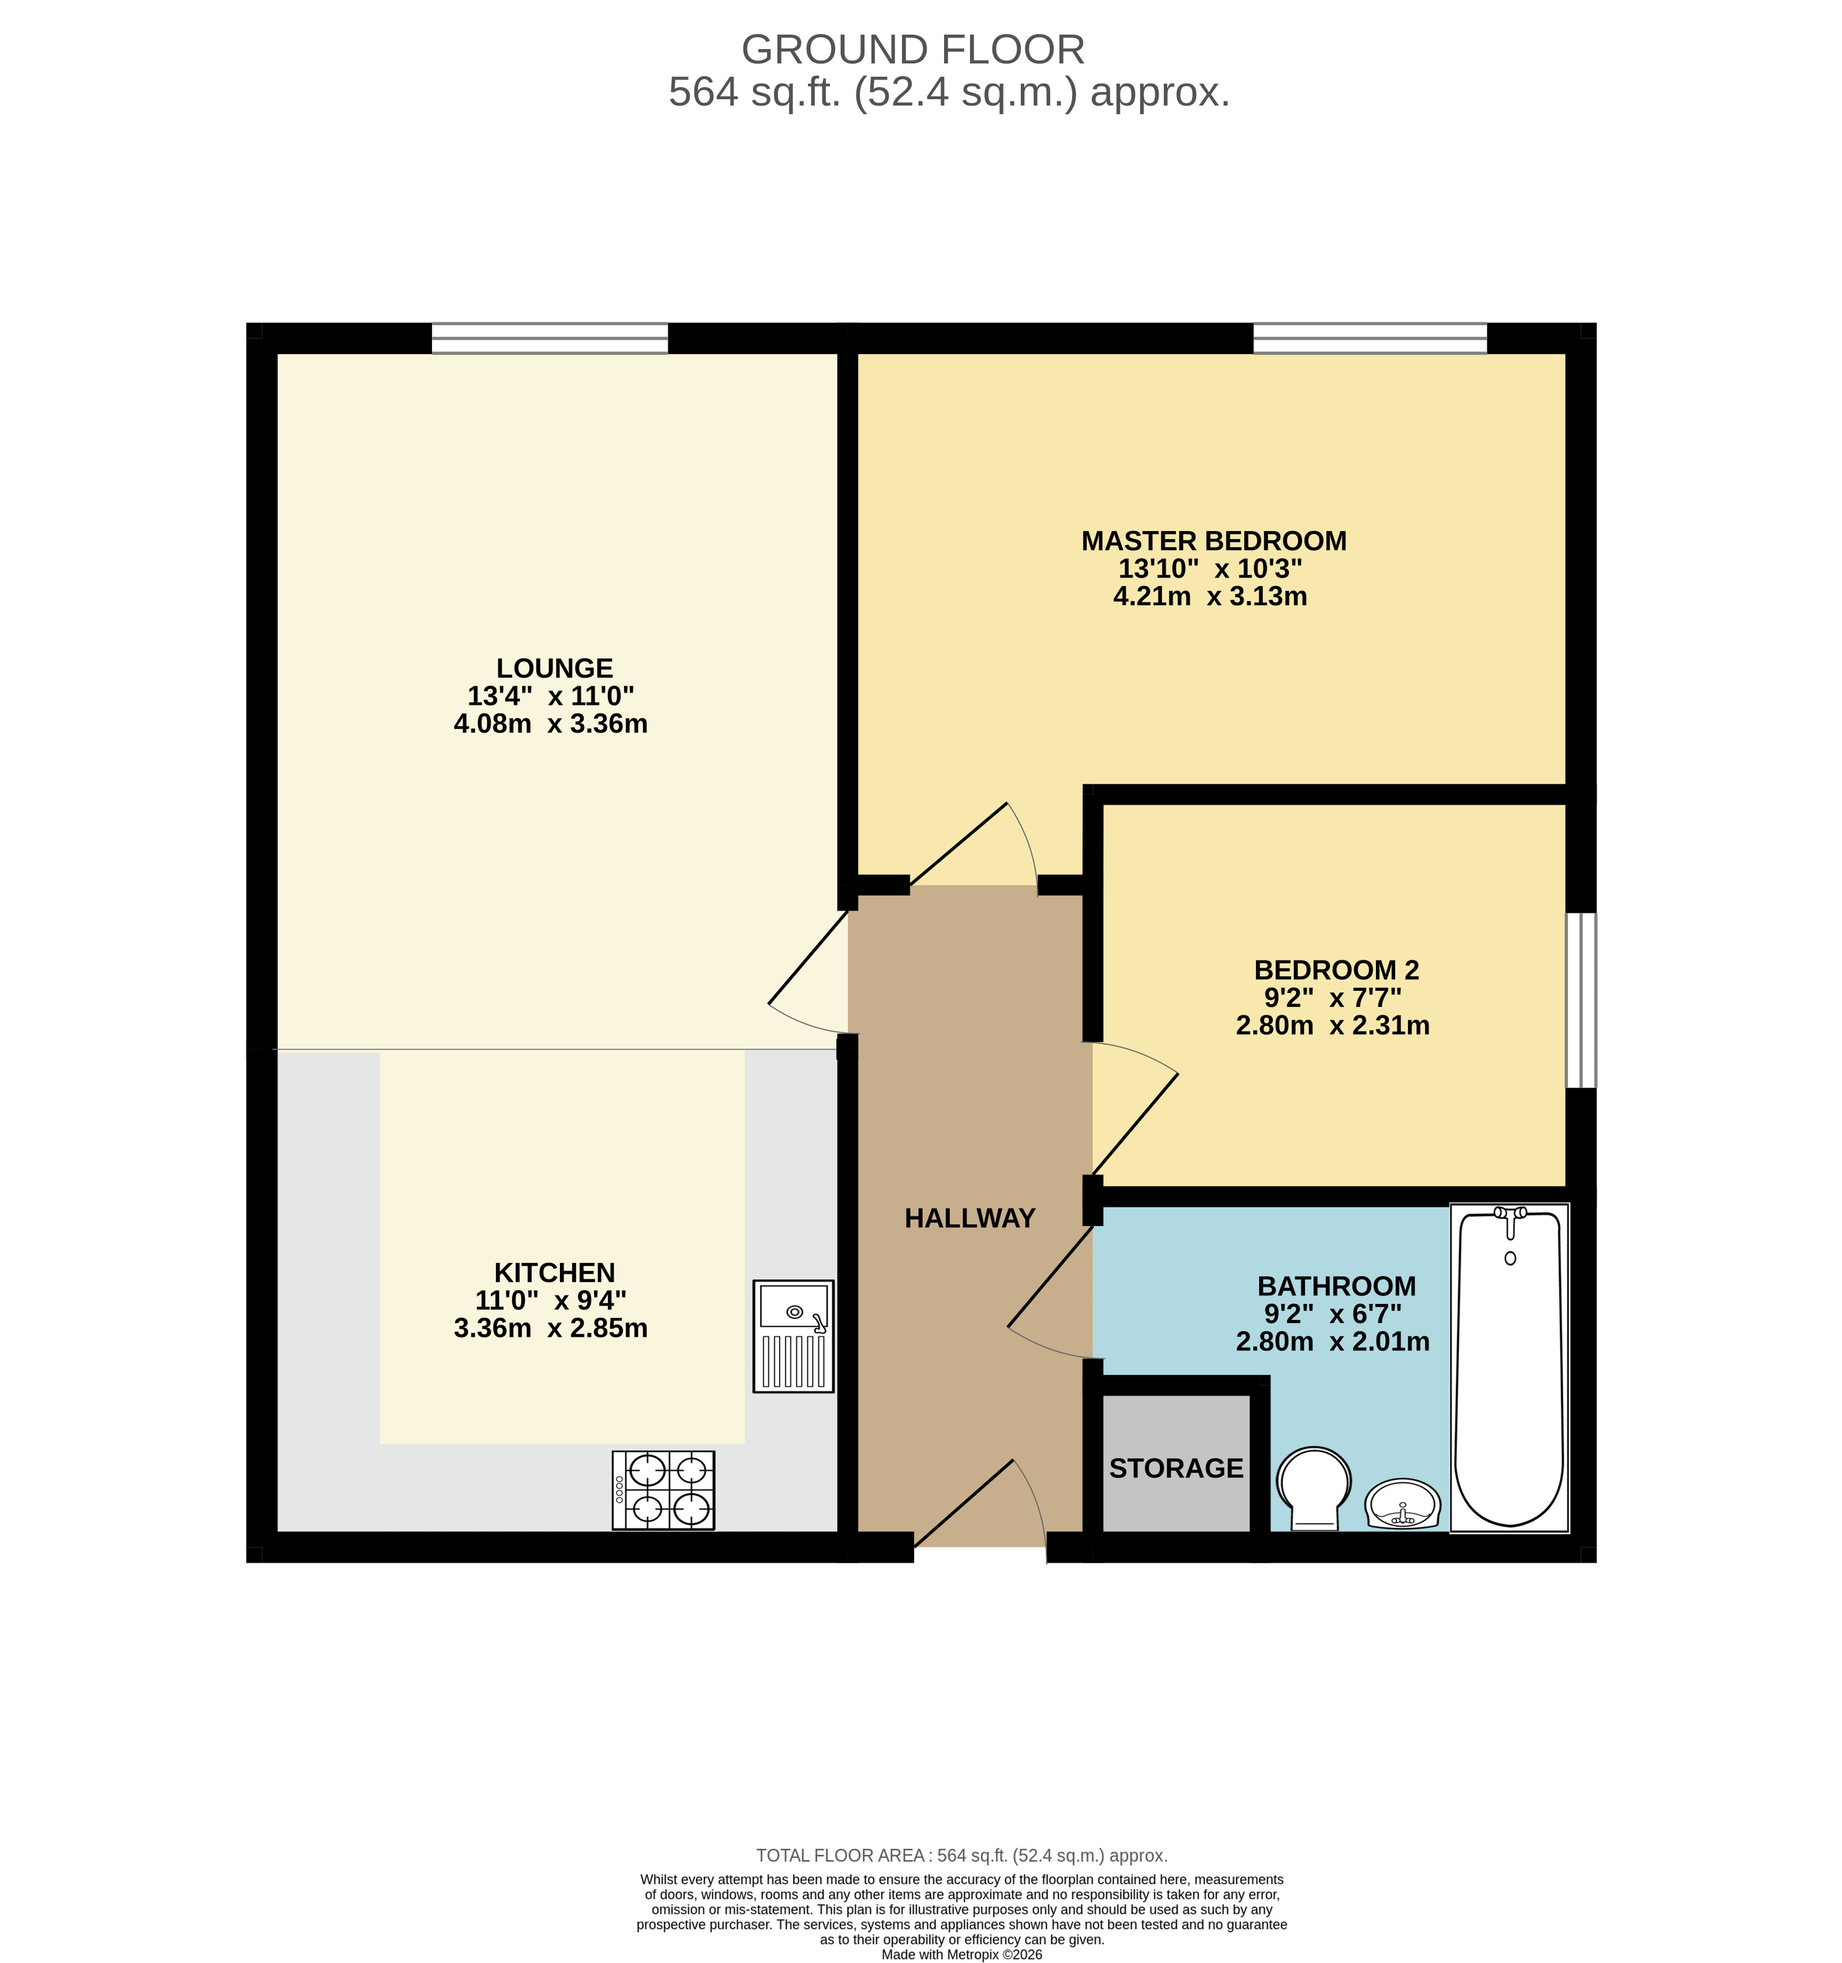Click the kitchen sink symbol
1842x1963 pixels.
click(793, 1336)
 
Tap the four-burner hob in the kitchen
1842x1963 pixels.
click(663, 1490)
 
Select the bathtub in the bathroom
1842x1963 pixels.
click(1509, 1367)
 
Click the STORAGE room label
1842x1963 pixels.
click(1176, 1468)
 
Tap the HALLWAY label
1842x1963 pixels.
click(970, 1219)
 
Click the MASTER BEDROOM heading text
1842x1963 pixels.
click(1214, 541)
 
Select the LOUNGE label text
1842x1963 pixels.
click(554, 668)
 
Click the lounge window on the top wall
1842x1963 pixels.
click(550, 338)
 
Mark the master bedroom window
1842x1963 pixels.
click(1370, 338)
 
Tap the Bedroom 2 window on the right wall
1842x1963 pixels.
click(1581, 1001)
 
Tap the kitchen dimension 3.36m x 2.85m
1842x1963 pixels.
click(550, 1328)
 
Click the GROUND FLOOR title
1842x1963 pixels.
click(912, 50)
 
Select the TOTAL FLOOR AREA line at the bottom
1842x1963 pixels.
click(961, 1855)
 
